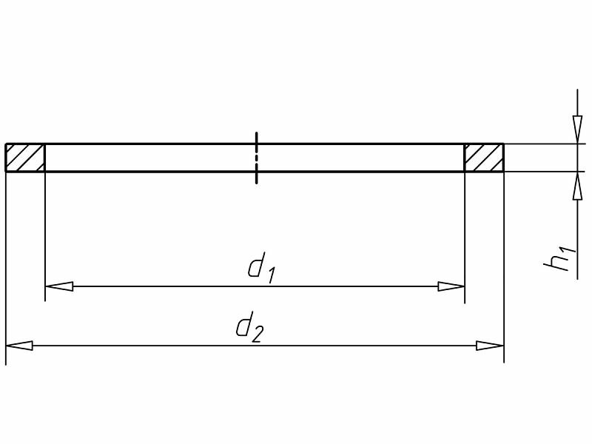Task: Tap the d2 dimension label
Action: pos(249,329)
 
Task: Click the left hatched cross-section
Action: pos(25,158)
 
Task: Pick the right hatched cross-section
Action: pos(484,158)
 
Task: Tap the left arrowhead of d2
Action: pos(19,346)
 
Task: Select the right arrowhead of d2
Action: pos(490,346)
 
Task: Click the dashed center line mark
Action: pos(256,158)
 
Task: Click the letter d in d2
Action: pos(243,326)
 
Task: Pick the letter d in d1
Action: pos(256,266)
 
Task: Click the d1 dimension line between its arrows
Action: pos(185,286)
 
